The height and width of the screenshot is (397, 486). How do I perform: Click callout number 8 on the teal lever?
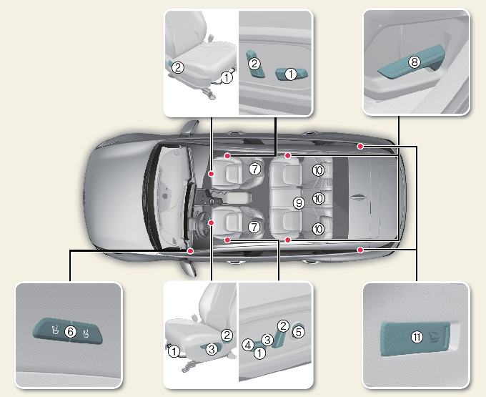click(414, 62)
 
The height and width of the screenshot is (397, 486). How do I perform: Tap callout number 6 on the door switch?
click(69, 331)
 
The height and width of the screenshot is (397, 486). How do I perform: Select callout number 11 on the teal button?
click(417, 336)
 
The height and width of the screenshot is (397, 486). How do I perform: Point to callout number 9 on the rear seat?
click(299, 203)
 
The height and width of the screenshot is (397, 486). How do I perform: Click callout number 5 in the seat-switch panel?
click(299, 330)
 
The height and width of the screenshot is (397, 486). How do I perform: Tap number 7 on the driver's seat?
click(254, 226)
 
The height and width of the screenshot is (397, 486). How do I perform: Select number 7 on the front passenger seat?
click(254, 169)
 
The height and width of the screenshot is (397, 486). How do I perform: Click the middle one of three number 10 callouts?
click(319, 198)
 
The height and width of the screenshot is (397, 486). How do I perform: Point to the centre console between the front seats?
click(236, 196)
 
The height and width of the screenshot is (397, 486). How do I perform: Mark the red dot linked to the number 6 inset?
click(190, 251)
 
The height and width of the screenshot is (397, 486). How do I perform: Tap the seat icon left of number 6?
click(54, 330)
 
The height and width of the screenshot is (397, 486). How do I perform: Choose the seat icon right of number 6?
click(85, 333)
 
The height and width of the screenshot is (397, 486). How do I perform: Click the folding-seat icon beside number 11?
click(436, 335)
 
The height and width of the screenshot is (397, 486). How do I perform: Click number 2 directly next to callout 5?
click(282, 326)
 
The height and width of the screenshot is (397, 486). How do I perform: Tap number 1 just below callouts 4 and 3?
click(259, 353)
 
